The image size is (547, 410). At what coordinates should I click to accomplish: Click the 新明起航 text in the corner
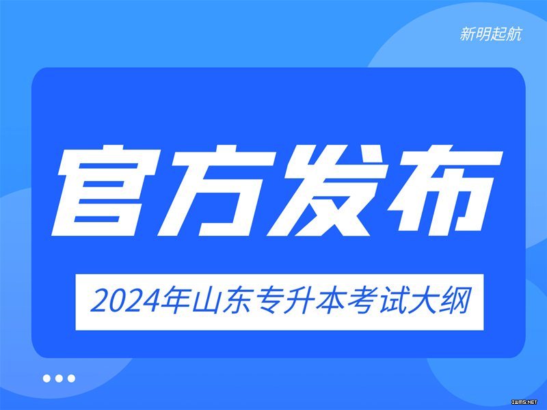[491, 34]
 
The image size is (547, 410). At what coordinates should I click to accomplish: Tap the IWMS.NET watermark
[524, 402]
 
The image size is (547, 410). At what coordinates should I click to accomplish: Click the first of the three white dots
[46, 379]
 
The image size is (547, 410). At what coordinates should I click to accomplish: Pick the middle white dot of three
[59, 379]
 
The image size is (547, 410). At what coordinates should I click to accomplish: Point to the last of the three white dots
[72, 379]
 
